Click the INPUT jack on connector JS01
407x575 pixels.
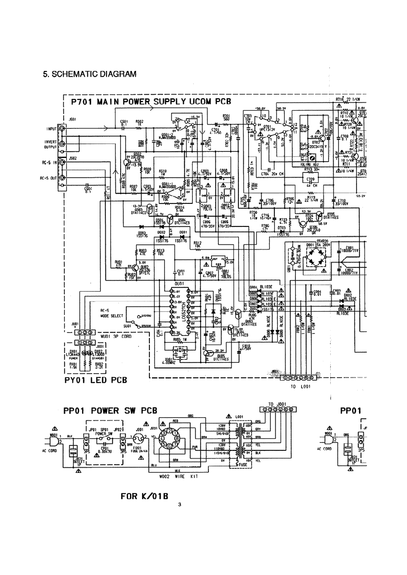point(62,129)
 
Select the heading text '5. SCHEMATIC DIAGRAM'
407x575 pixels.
point(89,74)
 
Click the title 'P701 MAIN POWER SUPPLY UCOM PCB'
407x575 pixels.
point(151,101)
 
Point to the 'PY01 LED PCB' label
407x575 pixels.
point(96,380)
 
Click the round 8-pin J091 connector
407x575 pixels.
point(169,438)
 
